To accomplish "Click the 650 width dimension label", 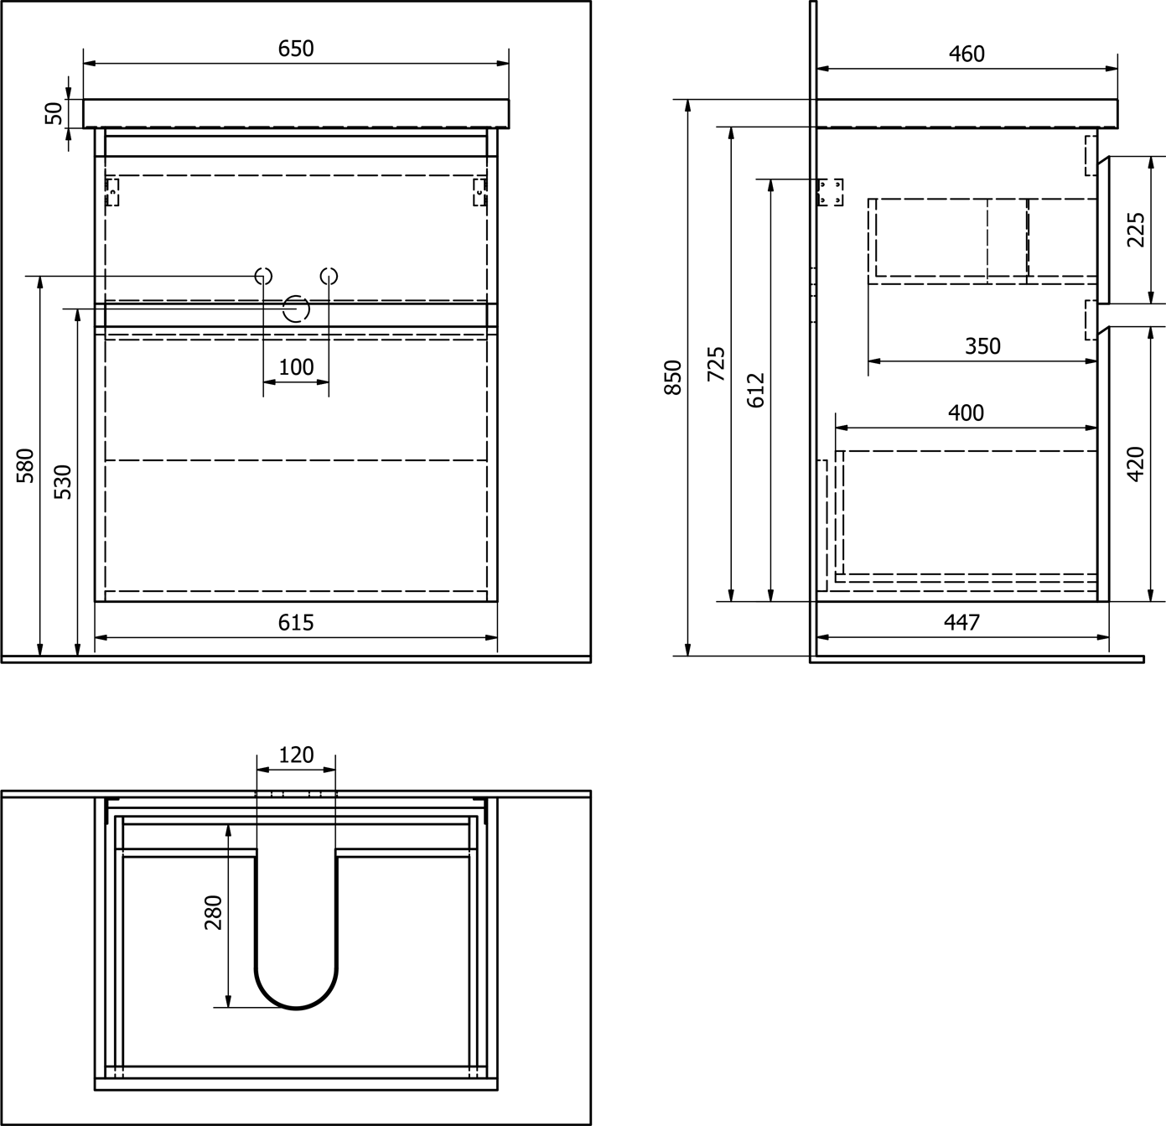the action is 296,49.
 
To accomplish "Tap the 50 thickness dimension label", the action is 54,113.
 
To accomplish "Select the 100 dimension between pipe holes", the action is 297,366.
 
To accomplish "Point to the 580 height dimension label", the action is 25,465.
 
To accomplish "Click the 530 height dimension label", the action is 63,482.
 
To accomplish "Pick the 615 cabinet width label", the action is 296,623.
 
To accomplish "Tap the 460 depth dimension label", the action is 966,54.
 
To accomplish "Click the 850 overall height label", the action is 673,377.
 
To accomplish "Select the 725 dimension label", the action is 717,364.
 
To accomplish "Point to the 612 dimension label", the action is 756,390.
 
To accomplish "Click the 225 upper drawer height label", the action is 1136,230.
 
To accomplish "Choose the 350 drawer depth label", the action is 982,345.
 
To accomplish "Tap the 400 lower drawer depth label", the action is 966,413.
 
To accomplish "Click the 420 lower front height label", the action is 1136,464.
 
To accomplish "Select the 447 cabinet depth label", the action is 961,622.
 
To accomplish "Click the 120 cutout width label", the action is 296,755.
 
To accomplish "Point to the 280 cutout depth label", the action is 213,913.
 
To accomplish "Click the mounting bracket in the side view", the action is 831,192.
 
